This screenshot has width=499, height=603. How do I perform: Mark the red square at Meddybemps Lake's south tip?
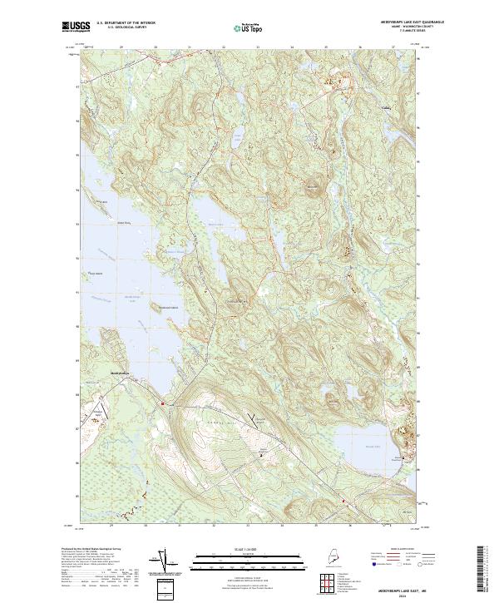tap(163, 404)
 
